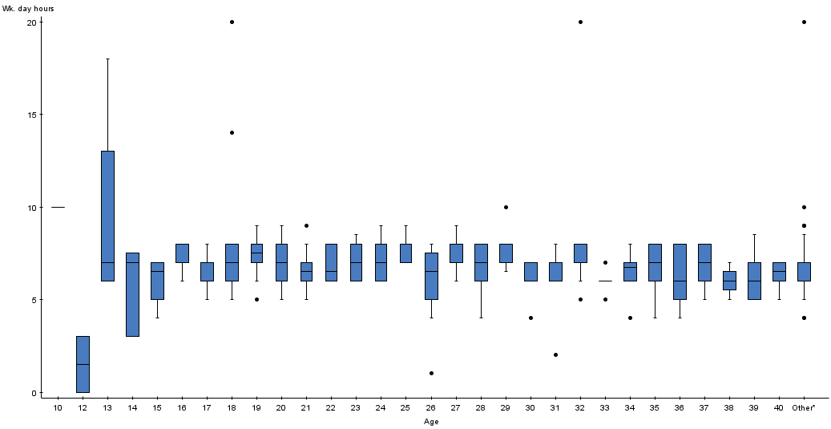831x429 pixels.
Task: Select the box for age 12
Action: click(x=83, y=364)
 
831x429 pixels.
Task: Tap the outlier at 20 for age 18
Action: click(x=232, y=22)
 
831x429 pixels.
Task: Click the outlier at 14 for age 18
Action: click(x=232, y=132)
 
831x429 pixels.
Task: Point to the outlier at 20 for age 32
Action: click(x=580, y=22)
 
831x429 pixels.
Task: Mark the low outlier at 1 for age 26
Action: click(x=431, y=373)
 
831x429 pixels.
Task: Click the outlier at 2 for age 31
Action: click(x=555, y=354)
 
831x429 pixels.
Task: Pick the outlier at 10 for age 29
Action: click(x=506, y=207)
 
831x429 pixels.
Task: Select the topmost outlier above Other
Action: click(x=804, y=22)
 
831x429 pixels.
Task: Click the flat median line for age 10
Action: click(x=58, y=207)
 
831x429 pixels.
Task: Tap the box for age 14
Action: click(x=132, y=294)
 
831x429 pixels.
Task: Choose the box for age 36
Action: click(x=680, y=271)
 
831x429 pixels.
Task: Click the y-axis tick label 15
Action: click(x=31, y=115)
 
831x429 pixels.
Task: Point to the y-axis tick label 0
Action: click(x=34, y=393)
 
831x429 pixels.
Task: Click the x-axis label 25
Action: click(x=405, y=408)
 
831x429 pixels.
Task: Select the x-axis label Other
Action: click(x=803, y=408)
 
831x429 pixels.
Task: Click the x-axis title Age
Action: click(x=431, y=421)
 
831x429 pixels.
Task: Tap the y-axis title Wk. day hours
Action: click(x=28, y=8)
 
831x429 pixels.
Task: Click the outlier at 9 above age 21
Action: click(x=306, y=225)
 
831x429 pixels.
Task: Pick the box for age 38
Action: click(x=729, y=281)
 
